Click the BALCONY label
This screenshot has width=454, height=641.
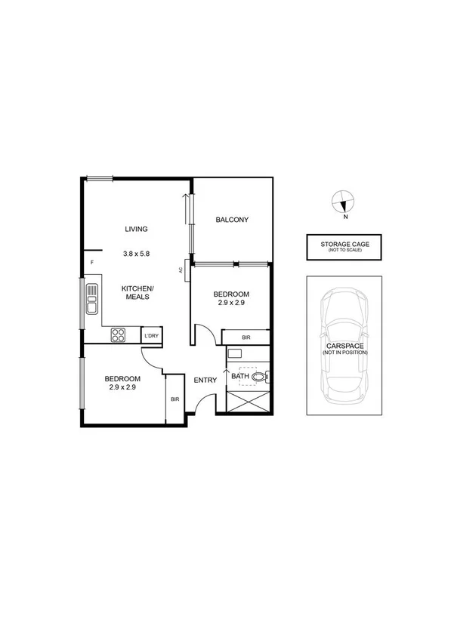(232, 220)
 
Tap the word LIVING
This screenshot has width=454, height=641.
(137, 229)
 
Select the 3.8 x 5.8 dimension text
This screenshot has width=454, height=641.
(137, 254)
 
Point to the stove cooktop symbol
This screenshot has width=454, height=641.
(119, 334)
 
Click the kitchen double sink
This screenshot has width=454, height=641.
(91, 298)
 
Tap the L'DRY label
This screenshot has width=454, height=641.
(152, 335)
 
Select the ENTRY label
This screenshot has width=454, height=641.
(205, 380)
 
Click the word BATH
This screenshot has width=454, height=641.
(239, 376)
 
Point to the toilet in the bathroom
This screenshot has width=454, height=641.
(261, 375)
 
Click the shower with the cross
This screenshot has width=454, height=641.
(247, 400)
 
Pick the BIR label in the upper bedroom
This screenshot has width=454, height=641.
(246, 337)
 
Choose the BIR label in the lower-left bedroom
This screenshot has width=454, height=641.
(174, 399)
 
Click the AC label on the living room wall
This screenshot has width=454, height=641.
(182, 270)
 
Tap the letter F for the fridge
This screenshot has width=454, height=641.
(92, 262)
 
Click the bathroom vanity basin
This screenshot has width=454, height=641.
(235, 354)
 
